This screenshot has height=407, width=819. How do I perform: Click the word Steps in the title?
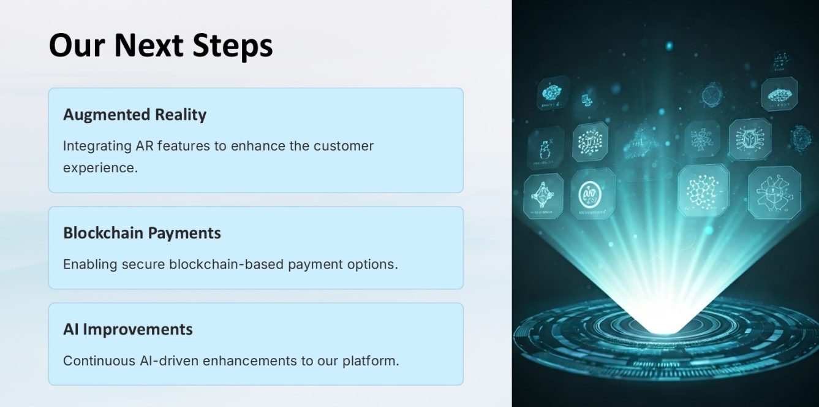(x=233, y=46)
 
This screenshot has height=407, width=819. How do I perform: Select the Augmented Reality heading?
(x=135, y=115)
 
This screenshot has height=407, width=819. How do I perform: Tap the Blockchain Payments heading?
(x=142, y=233)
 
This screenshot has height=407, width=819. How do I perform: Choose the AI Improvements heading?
(x=127, y=329)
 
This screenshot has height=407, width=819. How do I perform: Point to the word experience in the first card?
(x=100, y=169)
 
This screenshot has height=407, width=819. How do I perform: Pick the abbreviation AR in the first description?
(x=145, y=146)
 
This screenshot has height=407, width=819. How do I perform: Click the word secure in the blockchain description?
(x=143, y=264)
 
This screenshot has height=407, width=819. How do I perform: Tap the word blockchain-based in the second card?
(x=226, y=264)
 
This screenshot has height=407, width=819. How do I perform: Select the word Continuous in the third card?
(x=99, y=361)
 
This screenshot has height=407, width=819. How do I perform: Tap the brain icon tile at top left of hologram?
(x=553, y=92)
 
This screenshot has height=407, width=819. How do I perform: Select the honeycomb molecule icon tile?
(x=703, y=191)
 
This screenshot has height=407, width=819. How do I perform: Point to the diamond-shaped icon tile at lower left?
(x=543, y=196)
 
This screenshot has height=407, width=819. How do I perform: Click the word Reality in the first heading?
(x=181, y=115)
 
